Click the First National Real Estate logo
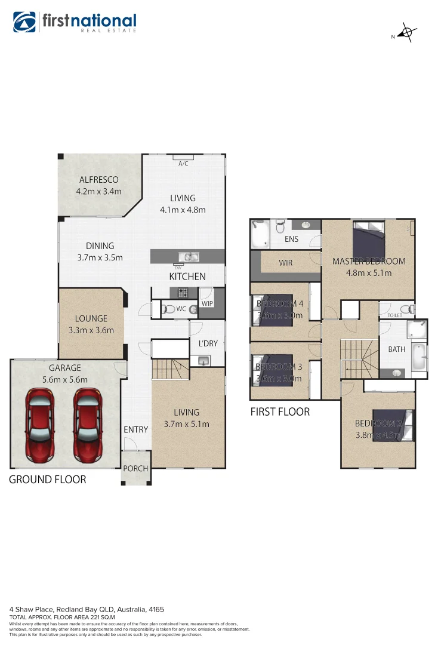(x=75, y=23)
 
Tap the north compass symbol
(x=406, y=33)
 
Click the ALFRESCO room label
(x=98, y=180)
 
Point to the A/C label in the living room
(x=183, y=163)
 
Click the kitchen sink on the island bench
(x=190, y=257)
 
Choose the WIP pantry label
(x=207, y=303)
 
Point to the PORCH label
(x=135, y=469)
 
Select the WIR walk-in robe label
(x=286, y=263)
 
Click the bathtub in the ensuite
(x=260, y=234)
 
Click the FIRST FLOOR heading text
(x=280, y=411)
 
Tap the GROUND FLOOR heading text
(x=47, y=480)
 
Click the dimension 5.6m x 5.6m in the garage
(x=65, y=379)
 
